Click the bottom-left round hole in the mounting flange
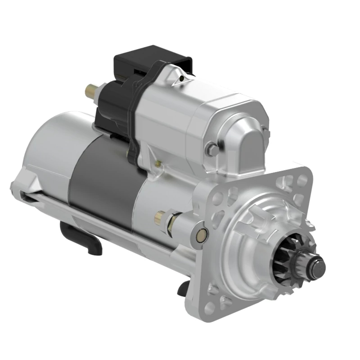[211, 306]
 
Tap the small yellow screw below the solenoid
[158, 164]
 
